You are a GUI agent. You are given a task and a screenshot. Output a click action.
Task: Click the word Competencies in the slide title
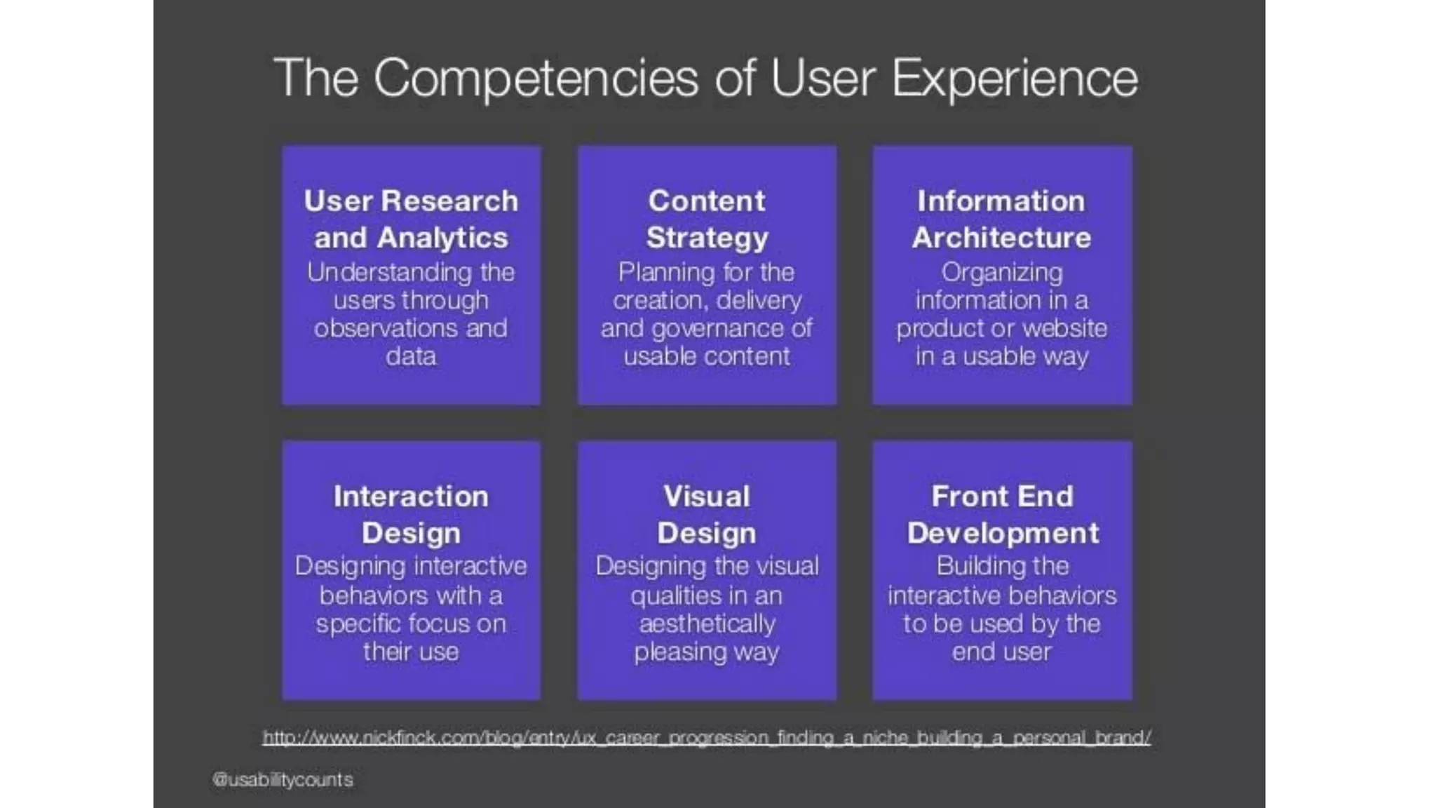tap(536, 79)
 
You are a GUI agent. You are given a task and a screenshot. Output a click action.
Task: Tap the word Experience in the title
tap(1015, 79)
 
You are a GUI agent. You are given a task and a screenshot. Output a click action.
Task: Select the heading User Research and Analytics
tap(411, 220)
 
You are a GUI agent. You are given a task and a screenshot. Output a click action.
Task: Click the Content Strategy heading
tap(707, 220)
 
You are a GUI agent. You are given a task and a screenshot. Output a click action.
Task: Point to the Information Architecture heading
tap(1001, 220)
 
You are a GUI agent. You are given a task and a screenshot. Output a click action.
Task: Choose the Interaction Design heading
tap(411, 515)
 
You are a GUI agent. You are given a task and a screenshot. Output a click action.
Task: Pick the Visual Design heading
tap(707, 515)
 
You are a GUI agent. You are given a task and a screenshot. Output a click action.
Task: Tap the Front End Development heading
tap(1002, 515)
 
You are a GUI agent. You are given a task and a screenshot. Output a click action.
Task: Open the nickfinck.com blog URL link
tap(707, 738)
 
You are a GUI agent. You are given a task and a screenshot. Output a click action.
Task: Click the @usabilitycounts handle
tap(283, 780)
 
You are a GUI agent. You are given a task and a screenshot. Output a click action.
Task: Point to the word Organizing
tap(1001, 273)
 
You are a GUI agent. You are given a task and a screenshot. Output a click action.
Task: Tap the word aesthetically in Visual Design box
tap(707, 624)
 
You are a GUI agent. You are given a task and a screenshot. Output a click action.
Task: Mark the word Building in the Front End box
tap(968, 566)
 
